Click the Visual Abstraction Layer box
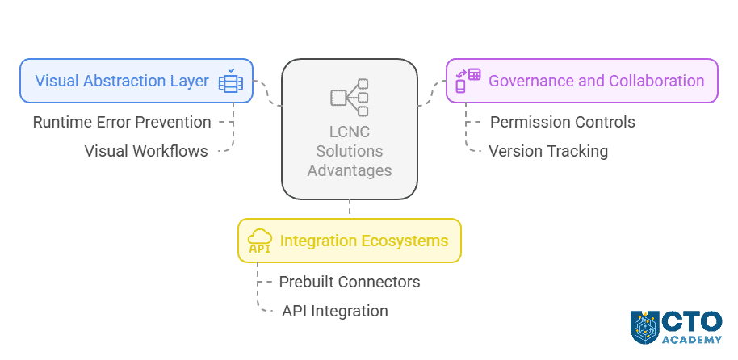pos(136,81)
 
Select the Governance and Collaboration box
pos(581,81)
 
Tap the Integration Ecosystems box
pos(349,241)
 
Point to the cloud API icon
pos(259,241)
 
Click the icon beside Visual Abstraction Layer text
pos(231,81)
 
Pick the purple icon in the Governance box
pos(468,81)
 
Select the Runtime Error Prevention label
pos(122,123)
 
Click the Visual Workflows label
pos(145,151)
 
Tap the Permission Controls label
pos(562,123)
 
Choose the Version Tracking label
pos(548,151)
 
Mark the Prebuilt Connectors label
pos(349,283)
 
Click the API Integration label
pos(334,311)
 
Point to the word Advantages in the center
pos(349,170)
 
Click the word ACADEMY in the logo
pos(692,339)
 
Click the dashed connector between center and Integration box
pos(349,207)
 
